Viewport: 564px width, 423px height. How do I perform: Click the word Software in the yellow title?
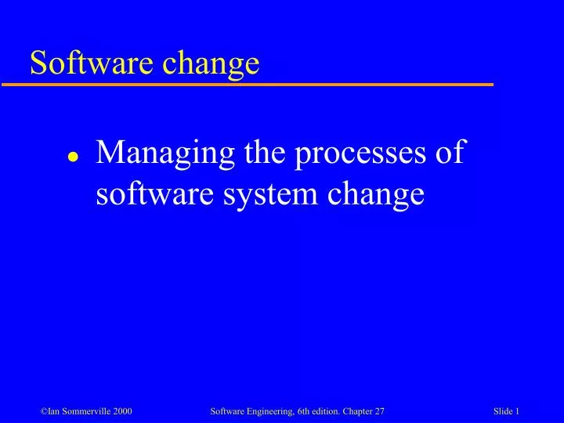coord(81,62)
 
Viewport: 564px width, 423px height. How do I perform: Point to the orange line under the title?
coord(258,84)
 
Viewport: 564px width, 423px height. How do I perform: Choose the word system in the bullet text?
coord(267,193)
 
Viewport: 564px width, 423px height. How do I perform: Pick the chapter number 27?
coord(381,411)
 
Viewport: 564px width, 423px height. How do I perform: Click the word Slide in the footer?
coord(504,411)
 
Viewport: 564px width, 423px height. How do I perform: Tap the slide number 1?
coord(519,411)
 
